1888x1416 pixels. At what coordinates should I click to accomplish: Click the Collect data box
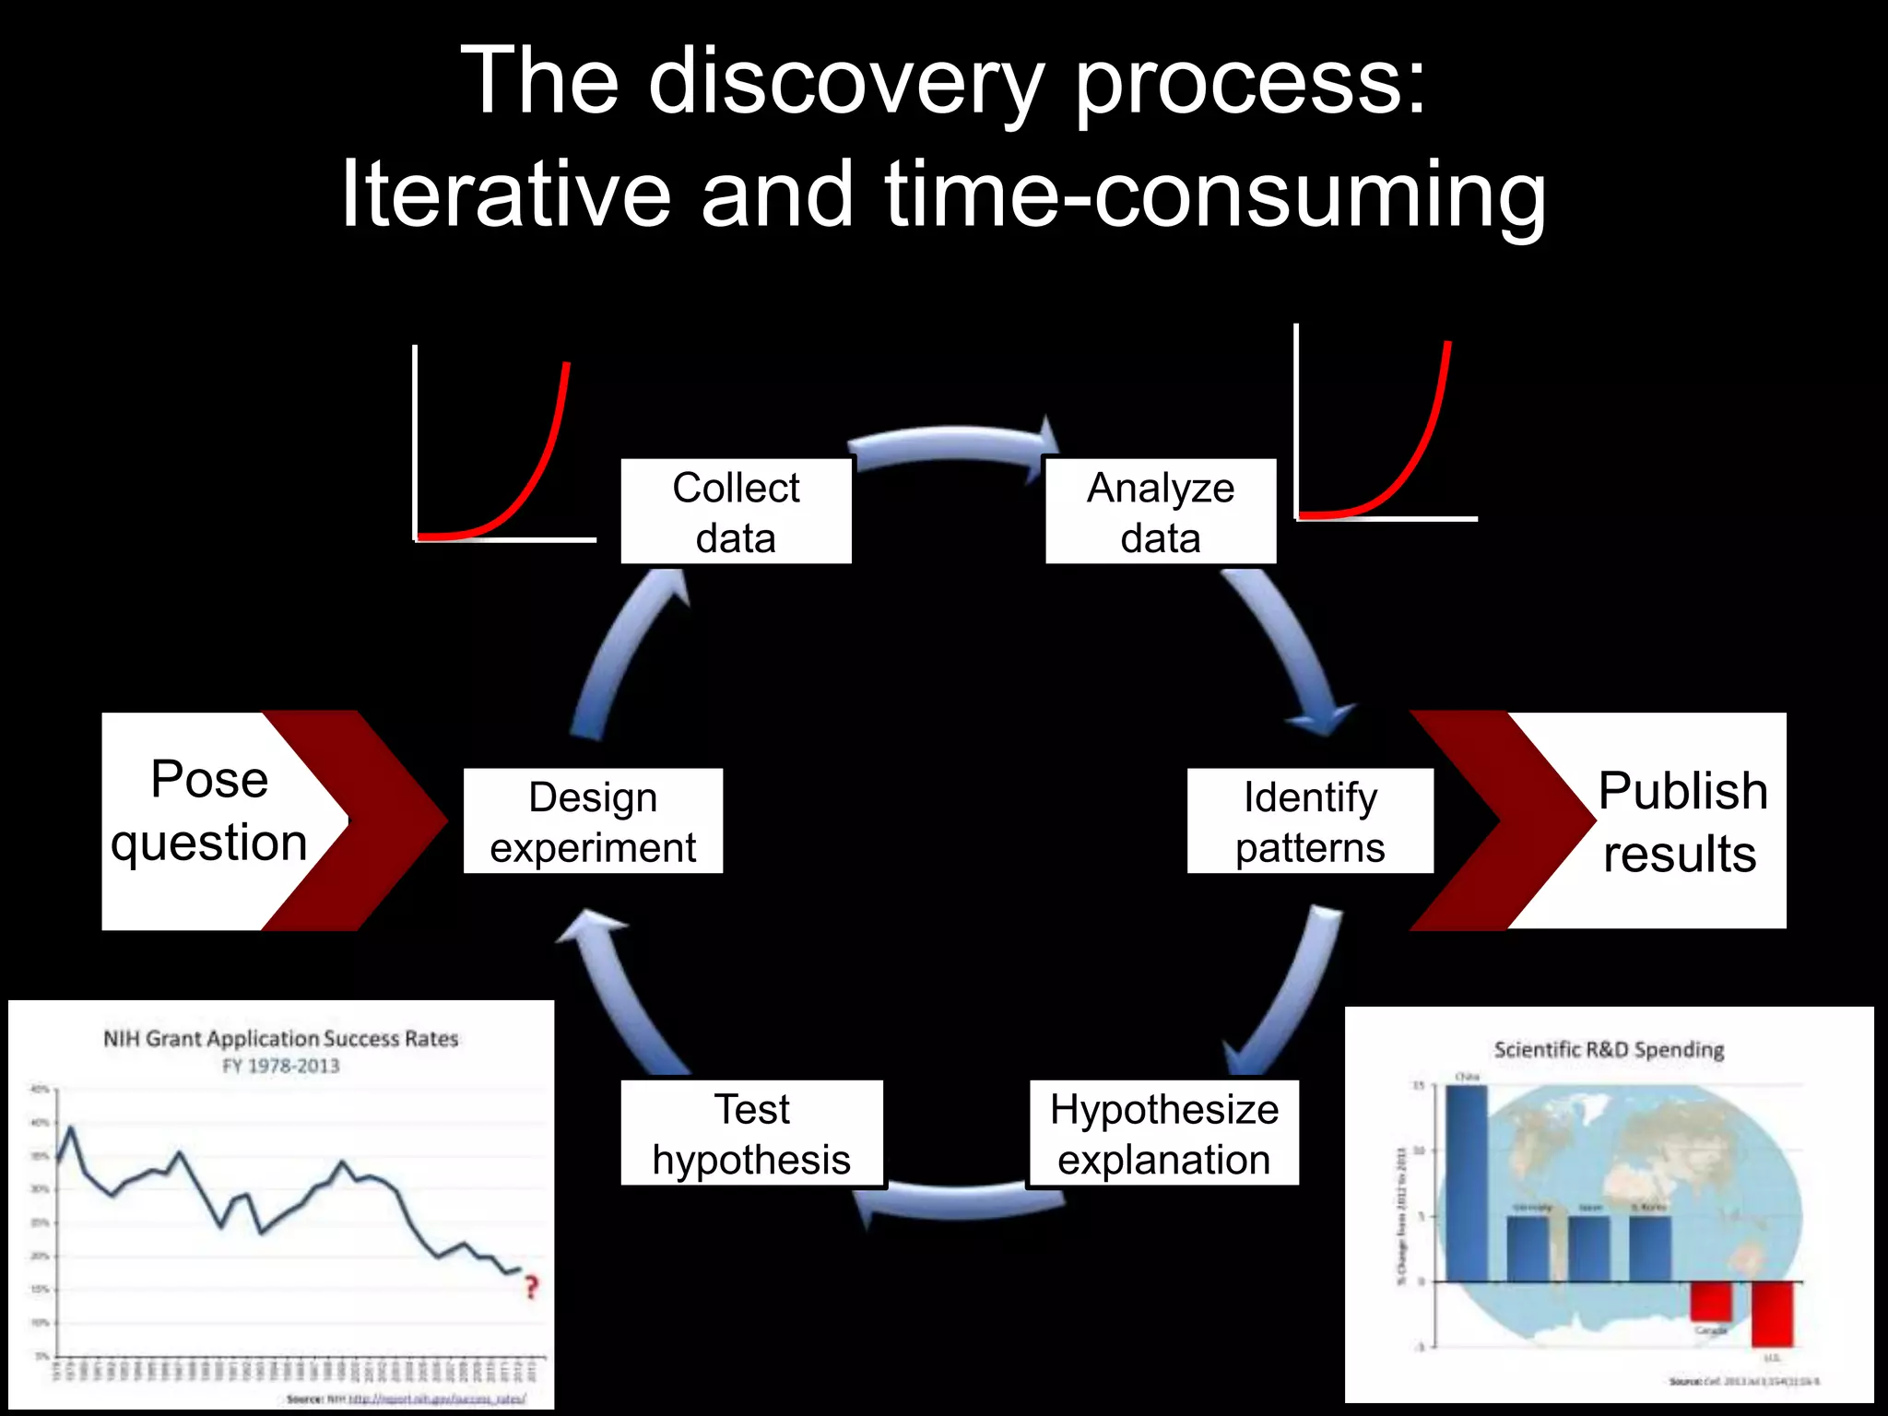coord(736,512)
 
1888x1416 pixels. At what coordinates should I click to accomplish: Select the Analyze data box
coord(1161,512)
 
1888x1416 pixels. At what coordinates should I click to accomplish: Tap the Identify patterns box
coord(1310,821)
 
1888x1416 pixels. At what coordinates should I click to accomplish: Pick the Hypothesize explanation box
coord(1164,1133)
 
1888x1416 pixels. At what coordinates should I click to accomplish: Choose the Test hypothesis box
coord(751,1133)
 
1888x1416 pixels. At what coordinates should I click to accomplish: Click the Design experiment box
coord(593,821)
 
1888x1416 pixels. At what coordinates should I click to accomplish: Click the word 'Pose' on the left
coord(209,780)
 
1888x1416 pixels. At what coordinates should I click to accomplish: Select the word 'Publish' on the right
coord(1682,791)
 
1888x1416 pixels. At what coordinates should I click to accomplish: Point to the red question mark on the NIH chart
coord(531,1287)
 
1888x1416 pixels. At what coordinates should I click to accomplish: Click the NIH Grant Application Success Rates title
coord(280,1039)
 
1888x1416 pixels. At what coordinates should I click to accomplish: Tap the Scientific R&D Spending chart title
coord(1609,1050)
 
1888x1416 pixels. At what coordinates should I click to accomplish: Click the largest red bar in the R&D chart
coord(1773,1314)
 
